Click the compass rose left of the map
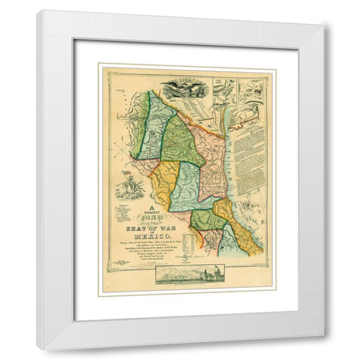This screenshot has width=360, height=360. pos(120,150)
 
